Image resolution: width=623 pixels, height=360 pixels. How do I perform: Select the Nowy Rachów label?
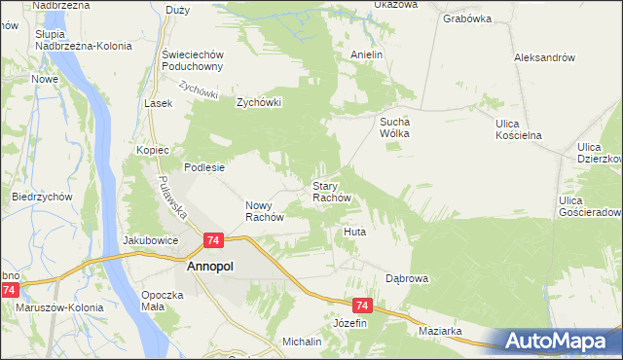pos(264,211)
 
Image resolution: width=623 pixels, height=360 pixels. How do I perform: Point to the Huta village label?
pos(354,233)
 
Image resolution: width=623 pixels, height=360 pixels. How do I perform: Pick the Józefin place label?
pos(350,322)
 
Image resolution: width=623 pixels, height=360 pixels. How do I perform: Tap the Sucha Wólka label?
pos(397,127)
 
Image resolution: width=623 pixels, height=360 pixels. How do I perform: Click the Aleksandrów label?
pos(545,57)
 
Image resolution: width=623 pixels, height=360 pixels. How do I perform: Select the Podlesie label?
pos(205,167)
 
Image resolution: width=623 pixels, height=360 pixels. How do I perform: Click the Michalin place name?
pos(302,342)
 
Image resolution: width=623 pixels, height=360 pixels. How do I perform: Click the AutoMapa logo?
pos(559,342)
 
